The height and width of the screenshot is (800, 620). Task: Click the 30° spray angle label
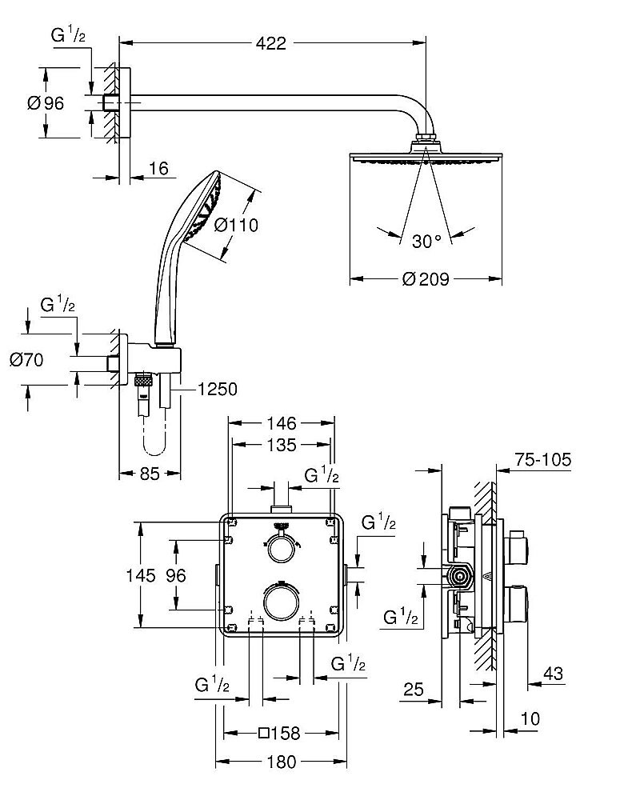[x=427, y=240]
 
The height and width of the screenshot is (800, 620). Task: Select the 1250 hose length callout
[x=217, y=390]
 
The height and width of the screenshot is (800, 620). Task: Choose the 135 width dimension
[x=282, y=445]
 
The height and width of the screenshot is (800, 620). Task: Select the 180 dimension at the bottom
[x=281, y=761]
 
